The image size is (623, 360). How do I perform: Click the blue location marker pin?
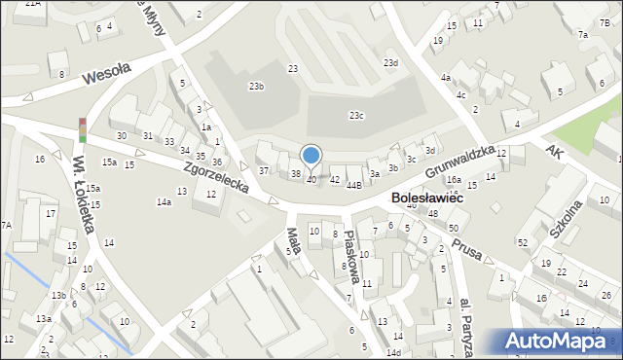pos(311,156)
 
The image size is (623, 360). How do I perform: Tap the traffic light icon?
pos(83,130)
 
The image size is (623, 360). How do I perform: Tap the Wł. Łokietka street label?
pos(83,195)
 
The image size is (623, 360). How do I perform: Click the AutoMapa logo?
pos(560,342)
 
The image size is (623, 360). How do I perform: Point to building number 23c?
pos(357,116)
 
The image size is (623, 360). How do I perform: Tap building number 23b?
pos(256,87)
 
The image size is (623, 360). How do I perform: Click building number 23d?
pos(390,63)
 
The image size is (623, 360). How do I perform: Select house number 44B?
pos(353,184)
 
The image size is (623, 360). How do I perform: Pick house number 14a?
pos(165,202)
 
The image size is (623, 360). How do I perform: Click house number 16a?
pos(454,180)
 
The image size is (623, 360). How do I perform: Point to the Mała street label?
pos(293,239)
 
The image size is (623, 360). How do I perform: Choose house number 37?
pos(264,171)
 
